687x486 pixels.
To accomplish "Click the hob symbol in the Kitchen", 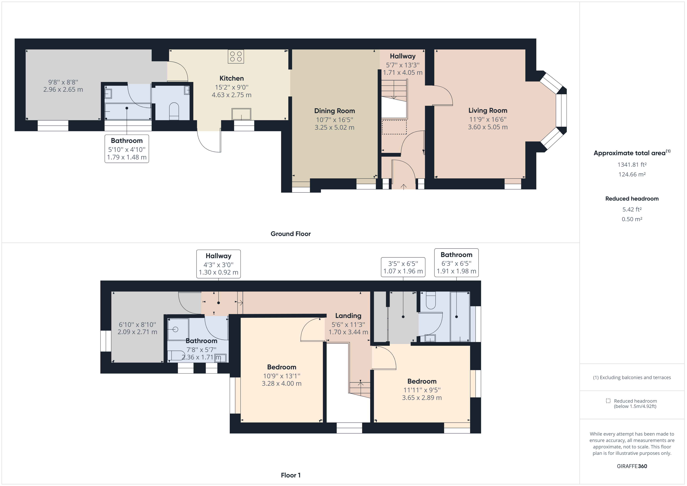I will point(236,56).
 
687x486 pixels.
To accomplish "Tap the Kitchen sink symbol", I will point(241,114).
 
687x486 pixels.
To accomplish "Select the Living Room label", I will point(488,110).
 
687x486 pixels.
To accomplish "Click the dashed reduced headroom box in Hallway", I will point(394,127).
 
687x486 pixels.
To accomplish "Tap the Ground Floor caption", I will point(291,234).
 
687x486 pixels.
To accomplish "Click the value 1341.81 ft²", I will point(632,165).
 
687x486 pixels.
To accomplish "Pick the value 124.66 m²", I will point(632,174).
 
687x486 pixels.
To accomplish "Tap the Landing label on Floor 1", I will point(348,316).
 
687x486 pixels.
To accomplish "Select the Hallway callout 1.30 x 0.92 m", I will point(218,272).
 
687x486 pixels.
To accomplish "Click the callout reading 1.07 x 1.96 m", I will point(403,271).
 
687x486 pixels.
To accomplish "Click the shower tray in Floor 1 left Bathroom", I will point(178,329).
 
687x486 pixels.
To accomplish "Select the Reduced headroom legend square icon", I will point(608,401).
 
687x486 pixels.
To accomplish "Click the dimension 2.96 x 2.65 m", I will point(63,90).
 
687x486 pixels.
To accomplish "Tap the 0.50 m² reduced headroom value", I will point(632,219).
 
